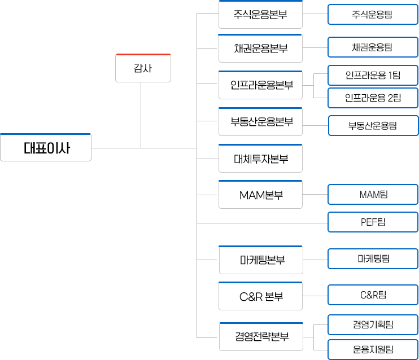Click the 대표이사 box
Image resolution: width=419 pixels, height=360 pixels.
[46, 148]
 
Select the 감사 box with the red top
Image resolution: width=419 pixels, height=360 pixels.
[143, 68]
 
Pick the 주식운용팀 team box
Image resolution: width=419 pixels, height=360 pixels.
[372, 14]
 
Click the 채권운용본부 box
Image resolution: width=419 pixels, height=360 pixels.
[260, 48]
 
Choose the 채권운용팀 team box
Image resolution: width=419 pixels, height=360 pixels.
[372, 47]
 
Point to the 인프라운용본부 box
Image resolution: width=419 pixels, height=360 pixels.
[260, 85]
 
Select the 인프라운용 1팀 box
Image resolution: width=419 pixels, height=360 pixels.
[373, 75]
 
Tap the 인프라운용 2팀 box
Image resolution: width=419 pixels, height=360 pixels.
[373, 98]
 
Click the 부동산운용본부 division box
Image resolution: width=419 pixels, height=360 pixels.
[260, 121]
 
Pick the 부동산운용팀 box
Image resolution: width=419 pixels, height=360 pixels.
[373, 125]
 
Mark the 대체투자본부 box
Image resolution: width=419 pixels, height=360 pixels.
[260, 159]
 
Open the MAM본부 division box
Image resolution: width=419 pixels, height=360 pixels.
[260, 195]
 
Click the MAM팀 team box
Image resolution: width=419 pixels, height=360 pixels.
[373, 195]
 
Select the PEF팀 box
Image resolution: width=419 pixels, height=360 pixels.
[373, 222]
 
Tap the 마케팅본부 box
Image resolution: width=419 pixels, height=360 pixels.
[260, 260]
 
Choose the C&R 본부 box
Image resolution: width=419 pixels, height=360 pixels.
[260, 296]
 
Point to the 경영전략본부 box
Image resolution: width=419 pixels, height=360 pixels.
[260, 337]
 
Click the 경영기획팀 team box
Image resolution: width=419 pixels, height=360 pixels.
[373, 324]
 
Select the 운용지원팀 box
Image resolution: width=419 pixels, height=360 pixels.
[373, 349]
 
